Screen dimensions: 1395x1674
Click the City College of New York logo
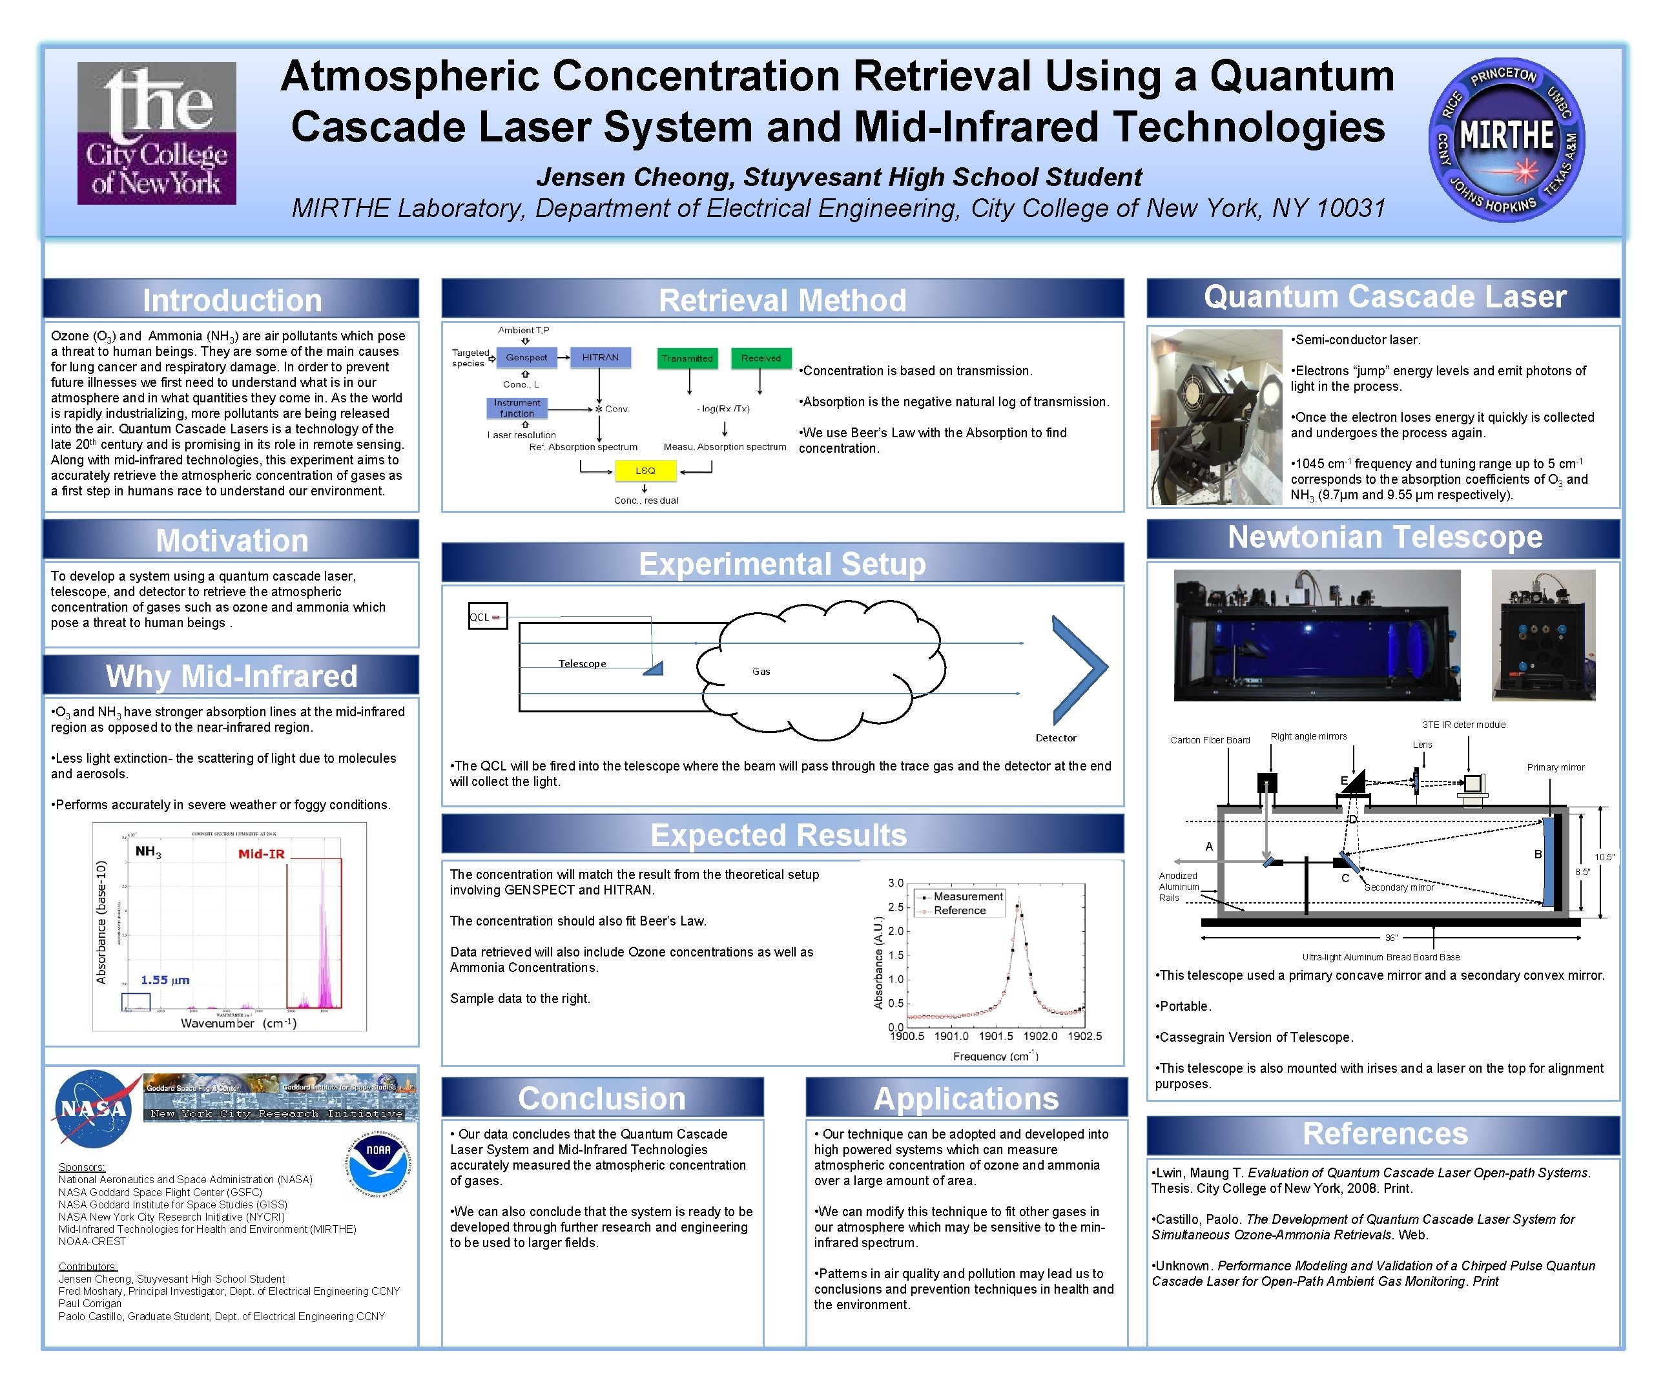[156, 133]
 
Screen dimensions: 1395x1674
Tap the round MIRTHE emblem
[1506, 139]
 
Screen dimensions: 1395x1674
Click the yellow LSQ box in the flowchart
[645, 471]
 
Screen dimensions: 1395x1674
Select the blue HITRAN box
[599, 357]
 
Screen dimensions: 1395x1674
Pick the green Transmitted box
[687, 358]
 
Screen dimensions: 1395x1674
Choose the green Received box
[761, 358]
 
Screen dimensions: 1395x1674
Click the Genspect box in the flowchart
[526, 357]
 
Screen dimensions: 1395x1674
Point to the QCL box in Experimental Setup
[487, 616]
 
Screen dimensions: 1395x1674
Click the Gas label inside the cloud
[761, 671]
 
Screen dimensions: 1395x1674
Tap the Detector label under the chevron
[1055, 738]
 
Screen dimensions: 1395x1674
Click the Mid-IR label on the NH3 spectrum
[261, 854]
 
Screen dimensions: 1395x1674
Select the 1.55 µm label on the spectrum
[165, 980]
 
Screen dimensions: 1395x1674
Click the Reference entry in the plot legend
[960, 911]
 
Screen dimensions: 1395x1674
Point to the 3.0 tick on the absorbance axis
[895, 883]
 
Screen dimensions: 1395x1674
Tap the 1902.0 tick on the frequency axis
[1040, 1037]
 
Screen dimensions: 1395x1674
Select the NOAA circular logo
[378, 1164]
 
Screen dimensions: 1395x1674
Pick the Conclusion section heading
[602, 1099]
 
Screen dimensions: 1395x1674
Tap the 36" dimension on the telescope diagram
[1391, 938]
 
